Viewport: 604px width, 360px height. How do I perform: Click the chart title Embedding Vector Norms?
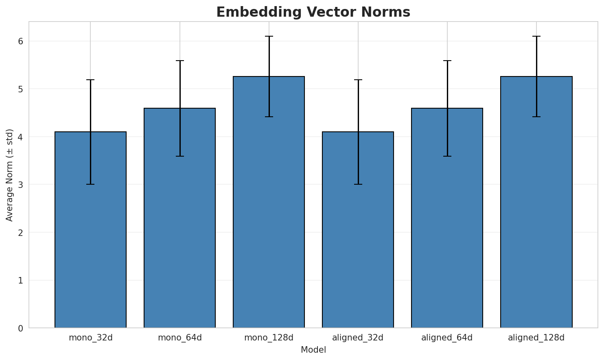click(x=313, y=12)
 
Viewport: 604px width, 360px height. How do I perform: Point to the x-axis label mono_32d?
click(x=90, y=338)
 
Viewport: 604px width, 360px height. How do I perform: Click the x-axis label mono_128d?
click(x=269, y=338)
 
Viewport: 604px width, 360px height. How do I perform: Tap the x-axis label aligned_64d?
click(x=447, y=338)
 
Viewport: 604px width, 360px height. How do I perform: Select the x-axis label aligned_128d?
click(x=536, y=338)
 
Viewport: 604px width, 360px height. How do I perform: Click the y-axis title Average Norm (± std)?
click(x=10, y=175)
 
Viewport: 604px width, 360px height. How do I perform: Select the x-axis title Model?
click(x=313, y=350)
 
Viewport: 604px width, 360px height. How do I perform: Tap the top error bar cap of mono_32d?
click(x=90, y=80)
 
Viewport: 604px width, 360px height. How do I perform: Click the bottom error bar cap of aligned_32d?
click(x=358, y=184)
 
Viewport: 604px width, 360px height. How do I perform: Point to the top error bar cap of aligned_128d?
click(x=536, y=36)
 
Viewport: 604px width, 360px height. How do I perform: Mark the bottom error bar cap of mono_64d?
click(x=179, y=156)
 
